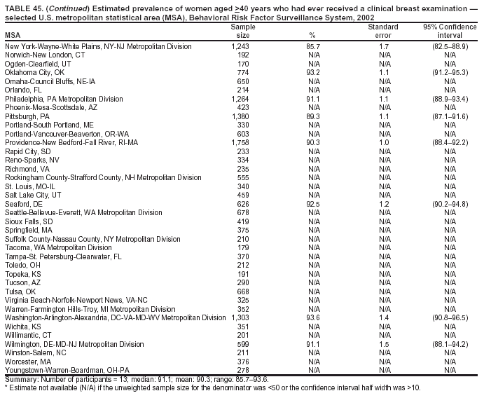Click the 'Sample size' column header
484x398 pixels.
(x=242, y=31)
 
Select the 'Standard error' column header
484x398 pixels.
(x=382, y=31)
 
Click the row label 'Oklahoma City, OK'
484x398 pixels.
(x=34, y=72)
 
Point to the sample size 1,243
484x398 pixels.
(x=240, y=46)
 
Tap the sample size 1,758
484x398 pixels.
(x=240, y=142)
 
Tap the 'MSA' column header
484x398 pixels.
(x=13, y=35)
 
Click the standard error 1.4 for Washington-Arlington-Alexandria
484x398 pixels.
(x=383, y=317)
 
